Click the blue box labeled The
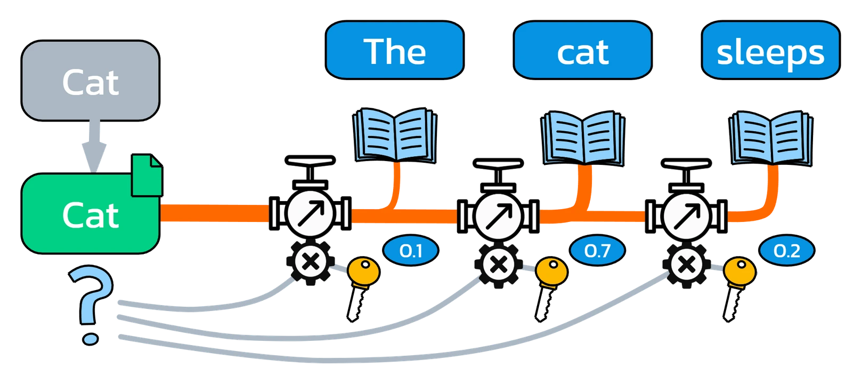394,51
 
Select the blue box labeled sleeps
770,51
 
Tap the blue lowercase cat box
582,51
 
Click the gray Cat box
90,81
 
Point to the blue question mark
91,304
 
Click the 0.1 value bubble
410,251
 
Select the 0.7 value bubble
597,251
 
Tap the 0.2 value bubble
786,251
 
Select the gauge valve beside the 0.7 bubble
498,213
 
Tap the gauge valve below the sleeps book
686,213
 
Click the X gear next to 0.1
311,262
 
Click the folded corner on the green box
147,174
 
